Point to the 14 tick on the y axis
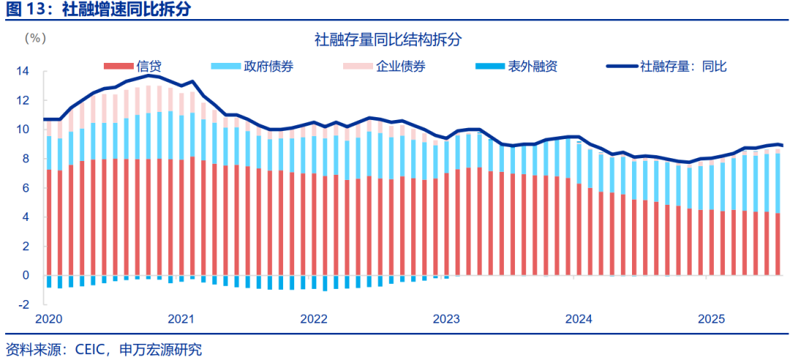point(23,71)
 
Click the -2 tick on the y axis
point(23,304)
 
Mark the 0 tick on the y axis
point(26,275)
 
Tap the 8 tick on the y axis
point(26,159)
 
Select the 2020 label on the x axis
point(49,319)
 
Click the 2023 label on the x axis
point(446,319)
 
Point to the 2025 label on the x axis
point(711,319)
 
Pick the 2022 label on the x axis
point(314,319)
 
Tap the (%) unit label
point(34,37)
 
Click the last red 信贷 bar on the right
point(778,244)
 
